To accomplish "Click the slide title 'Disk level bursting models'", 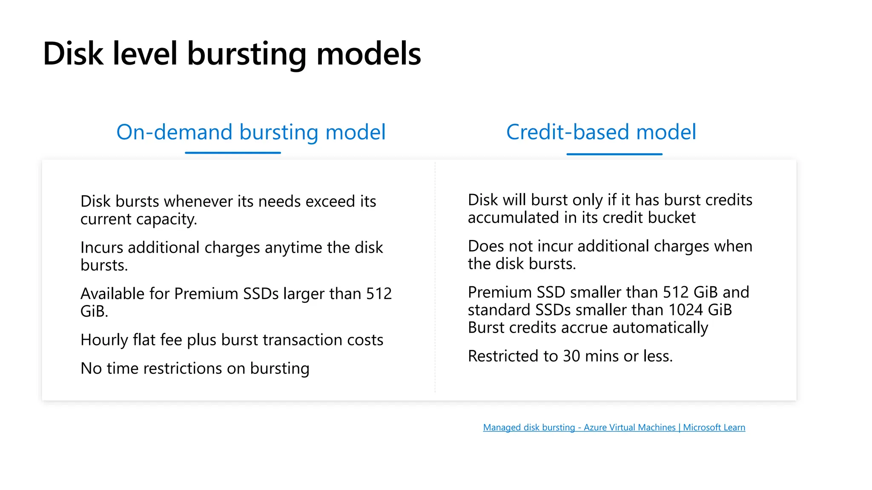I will pos(232,54).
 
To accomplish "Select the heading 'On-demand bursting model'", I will pos(251,132).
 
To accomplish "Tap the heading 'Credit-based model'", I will pos(601,132).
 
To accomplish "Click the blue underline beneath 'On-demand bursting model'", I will pos(233,153).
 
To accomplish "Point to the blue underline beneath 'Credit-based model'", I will pos(614,154).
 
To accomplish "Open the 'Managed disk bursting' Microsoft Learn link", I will pos(614,427).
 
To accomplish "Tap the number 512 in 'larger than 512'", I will pos(379,293).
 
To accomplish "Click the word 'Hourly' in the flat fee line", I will pos(104,340).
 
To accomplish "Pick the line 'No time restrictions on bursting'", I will pos(195,368).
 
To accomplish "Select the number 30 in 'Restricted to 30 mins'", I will pos(571,356).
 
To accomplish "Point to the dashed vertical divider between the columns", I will pos(435,276).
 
